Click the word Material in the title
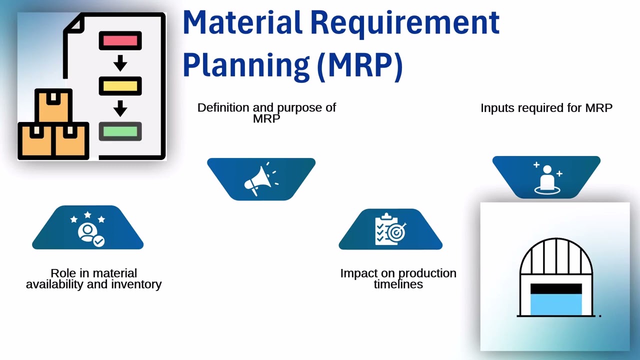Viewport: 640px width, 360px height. click(x=242, y=23)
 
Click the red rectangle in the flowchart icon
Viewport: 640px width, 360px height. click(x=120, y=40)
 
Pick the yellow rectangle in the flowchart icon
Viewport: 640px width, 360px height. click(x=120, y=86)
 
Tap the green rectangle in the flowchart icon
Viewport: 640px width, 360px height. click(x=120, y=131)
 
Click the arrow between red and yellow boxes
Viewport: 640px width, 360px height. click(x=120, y=63)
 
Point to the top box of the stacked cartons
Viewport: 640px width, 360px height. click(x=53, y=105)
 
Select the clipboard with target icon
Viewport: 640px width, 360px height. click(x=390, y=229)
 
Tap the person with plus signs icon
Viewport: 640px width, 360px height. click(x=546, y=178)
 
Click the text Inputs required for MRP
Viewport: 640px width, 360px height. click(x=546, y=108)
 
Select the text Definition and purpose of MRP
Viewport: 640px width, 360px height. click(x=266, y=112)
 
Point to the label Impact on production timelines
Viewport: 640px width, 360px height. click(x=398, y=278)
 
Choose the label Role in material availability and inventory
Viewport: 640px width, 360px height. click(x=93, y=278)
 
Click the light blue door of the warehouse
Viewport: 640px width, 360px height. click(x=556, y=304)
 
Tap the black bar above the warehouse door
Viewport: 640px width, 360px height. click(x=556, y=289)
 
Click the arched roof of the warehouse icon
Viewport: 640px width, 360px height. click(x=556, y=254)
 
